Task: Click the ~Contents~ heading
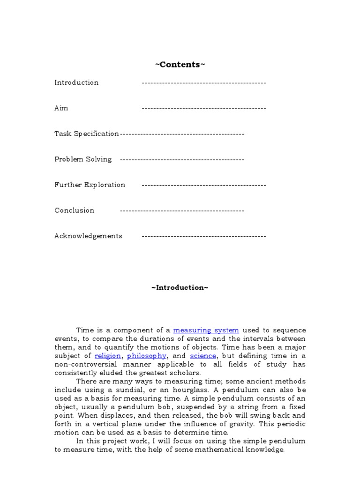click(180, 64)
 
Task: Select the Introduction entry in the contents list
click(76, 82)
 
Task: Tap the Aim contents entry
click(61, 108)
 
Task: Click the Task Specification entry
click(87, 134)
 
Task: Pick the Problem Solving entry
click(83, 159)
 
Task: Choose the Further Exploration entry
click(90, 185)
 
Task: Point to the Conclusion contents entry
click(74, 210)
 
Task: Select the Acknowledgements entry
click(88, 236)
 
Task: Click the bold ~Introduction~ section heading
click(180, 287)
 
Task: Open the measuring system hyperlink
click(206, 330)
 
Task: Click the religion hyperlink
click(107, 356)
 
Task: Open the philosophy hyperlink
click(146, 356)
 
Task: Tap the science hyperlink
click(202, 356)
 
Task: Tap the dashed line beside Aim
click(203, 108)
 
